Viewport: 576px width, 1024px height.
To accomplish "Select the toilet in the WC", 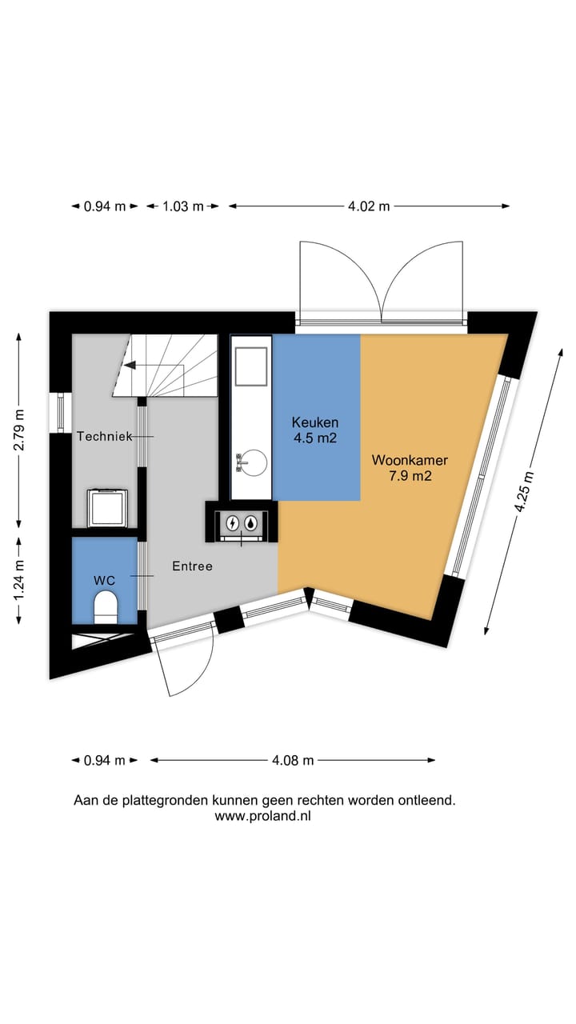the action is pos(106,607).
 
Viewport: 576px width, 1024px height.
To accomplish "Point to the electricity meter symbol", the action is pos(233,523).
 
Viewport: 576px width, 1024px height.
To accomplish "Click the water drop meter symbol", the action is pos(251,523).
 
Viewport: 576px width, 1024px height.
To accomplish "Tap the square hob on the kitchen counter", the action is pos(251,366).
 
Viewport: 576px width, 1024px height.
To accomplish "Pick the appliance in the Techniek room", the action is pos(107,508).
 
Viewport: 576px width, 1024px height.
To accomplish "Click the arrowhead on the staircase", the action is pos(130,366).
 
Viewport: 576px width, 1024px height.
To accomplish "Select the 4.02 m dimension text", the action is pos(369,206).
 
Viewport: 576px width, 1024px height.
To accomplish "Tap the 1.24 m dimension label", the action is pos(18,580).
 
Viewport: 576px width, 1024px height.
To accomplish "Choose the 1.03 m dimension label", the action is pos(183,206).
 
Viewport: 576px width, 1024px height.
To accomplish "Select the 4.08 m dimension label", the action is pos(293,760).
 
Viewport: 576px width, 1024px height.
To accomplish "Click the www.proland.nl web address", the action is pos(263,816).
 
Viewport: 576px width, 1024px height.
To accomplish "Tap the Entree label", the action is pos(193,566).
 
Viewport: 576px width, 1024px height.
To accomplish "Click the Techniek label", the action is pos(105,437).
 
